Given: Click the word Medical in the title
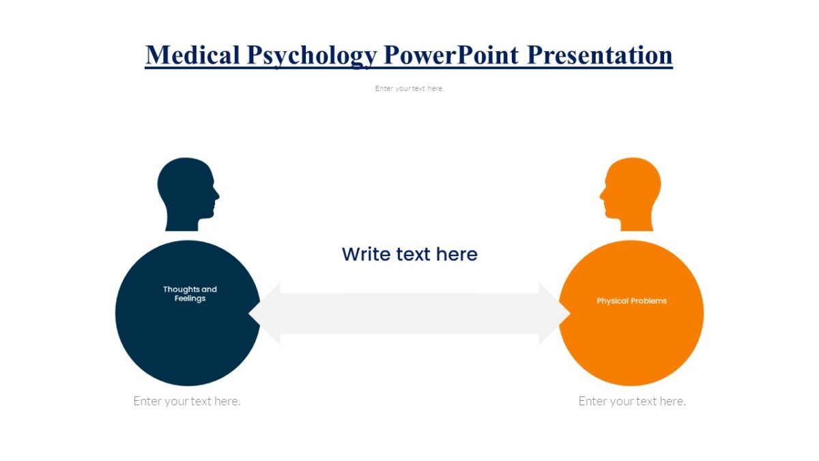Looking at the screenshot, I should (x=191, y=55).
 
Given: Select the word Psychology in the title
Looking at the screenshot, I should (x=311, y=55).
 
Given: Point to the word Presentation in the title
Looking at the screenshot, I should (x=601, y=55).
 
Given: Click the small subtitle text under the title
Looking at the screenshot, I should (x=409, y=88).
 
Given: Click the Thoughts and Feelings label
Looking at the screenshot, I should (x=190, y=294).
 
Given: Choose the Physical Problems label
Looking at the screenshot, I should (x=631, y=301).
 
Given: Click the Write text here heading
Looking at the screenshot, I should (x=409, y=254).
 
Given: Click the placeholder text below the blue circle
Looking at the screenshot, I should (x=187, y=401).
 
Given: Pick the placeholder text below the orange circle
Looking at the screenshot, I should (x=632, y=401).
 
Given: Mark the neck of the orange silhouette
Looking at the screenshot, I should (x=636, y=223).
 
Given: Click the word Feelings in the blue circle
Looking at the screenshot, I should (x=190, y=298).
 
